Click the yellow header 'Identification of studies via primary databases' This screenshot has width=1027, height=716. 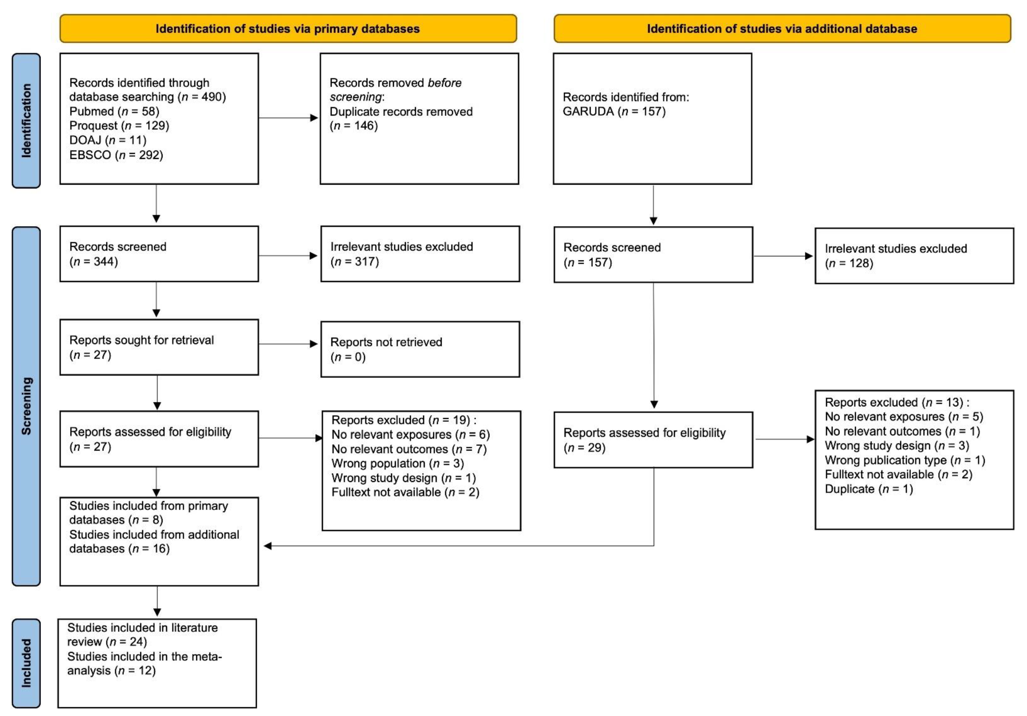[x=288, y=29]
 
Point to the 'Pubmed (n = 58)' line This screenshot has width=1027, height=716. [x=114, y=111]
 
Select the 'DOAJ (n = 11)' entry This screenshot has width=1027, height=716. [x=108, y=140]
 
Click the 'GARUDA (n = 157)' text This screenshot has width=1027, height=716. [x=614, y=111]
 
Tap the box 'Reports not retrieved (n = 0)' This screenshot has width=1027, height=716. [x=420, y=349]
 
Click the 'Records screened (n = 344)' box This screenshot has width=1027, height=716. [x=159, y=254]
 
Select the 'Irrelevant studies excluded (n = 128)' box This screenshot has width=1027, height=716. [x=914, y=256]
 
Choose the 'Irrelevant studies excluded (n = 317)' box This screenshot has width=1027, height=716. [x=420, y=254]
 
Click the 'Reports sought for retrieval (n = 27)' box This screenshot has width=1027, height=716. [x=159, y=347]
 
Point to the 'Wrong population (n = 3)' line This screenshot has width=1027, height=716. [x=398, y=463]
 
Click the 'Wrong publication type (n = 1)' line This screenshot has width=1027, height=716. [x=905, y=460]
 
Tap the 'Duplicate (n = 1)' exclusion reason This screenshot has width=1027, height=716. [x=869, y=489]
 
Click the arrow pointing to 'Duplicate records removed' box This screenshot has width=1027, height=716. [x=289, y=118]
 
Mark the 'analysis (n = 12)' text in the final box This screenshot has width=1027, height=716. [x=111, y=671]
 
